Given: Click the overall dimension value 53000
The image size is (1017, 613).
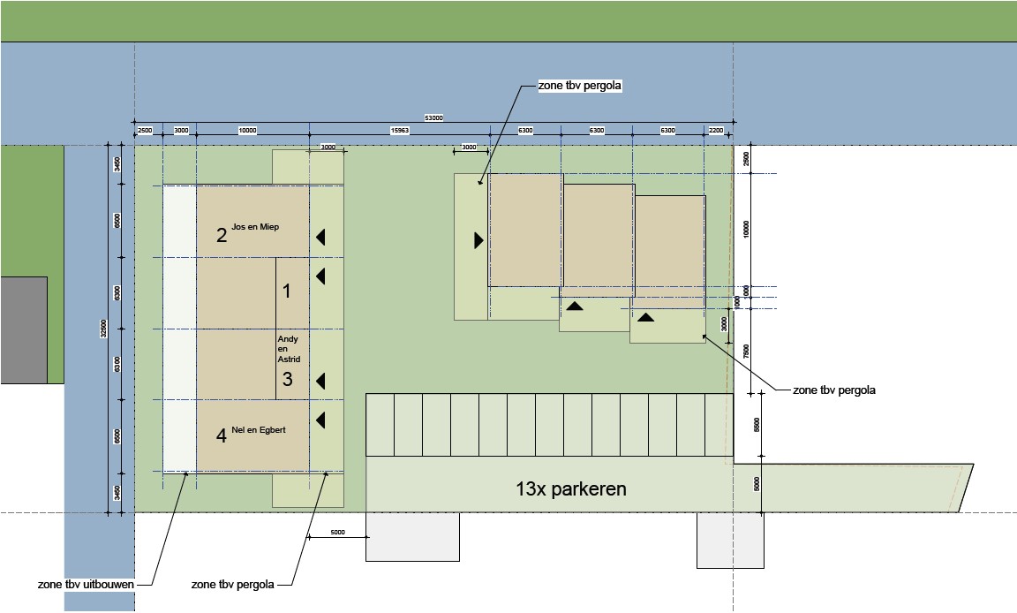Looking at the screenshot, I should point(433,117).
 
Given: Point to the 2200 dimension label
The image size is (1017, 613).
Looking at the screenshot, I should point(715,131).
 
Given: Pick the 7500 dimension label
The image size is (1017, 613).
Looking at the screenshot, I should point(746,351).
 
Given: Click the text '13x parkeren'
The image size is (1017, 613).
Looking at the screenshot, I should point(571,488).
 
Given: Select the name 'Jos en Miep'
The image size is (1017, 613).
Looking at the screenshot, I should point(255,228).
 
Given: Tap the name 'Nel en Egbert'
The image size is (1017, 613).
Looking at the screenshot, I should point(259,429).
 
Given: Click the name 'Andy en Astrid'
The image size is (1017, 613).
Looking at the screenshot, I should point(289,349).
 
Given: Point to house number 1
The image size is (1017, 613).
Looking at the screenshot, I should point(286,290).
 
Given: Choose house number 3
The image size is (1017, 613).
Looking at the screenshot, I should point(287,380).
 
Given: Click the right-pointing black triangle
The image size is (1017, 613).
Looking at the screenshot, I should point(478,240).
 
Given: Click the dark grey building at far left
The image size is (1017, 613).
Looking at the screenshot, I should point(23,329).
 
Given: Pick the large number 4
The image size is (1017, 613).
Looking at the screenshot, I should point(222,435).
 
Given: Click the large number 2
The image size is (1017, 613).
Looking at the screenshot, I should point(222,235).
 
